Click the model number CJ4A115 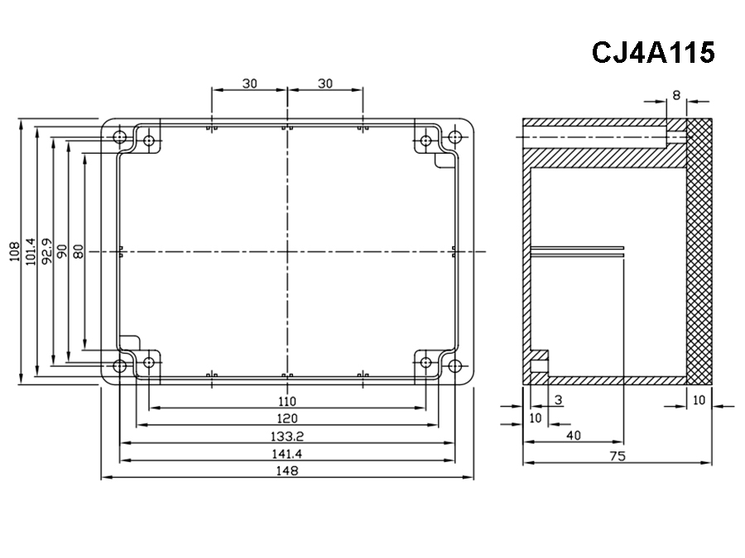[652, 53]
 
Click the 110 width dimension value [286, 401]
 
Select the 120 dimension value [286, 418]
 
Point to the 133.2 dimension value [286, 436]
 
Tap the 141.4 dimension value [286, 453]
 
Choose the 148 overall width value [286, 470]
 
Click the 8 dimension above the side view [676, 95]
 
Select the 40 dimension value [573, 435]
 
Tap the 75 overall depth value [617, 456]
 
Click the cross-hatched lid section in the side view [699, 248]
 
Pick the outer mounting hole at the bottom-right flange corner [454, 365]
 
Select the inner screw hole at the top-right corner [425, 141]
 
